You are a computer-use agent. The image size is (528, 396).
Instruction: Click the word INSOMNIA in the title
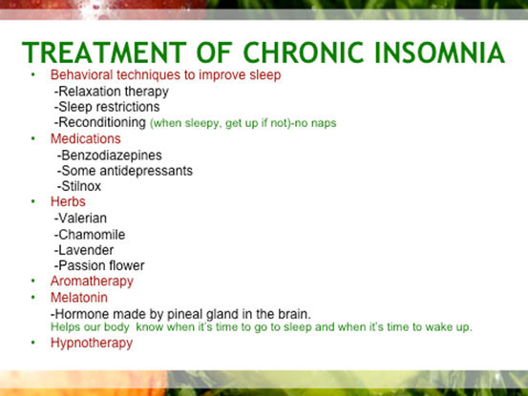point(439,52)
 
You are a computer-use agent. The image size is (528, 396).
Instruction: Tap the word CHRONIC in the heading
point(303,52)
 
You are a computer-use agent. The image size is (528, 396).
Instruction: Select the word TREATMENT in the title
point(104,52)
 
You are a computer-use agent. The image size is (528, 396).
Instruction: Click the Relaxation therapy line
point(112,92)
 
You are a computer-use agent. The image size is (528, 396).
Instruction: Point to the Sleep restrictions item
point(107,107)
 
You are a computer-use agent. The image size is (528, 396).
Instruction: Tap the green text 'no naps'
point(315,123)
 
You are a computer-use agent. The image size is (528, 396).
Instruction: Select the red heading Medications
point(86,138)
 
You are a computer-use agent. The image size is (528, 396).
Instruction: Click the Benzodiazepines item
point(110,156)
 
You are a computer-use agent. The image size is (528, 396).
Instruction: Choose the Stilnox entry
point(79,186)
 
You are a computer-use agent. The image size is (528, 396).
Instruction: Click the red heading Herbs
point(68,201)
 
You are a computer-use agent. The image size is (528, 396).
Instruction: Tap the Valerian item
point(80,218)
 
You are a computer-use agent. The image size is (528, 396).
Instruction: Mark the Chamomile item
point(90,235)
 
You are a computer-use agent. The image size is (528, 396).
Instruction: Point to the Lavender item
point(84,250)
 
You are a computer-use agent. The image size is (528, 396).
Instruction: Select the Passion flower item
point(99,265)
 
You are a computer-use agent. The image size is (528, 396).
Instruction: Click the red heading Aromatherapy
point(92,281)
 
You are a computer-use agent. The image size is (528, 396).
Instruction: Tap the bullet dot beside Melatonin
point(33,297)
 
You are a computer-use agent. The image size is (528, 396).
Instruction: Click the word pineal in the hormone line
point(184,314)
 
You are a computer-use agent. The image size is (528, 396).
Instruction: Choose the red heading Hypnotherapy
point(92,344)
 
